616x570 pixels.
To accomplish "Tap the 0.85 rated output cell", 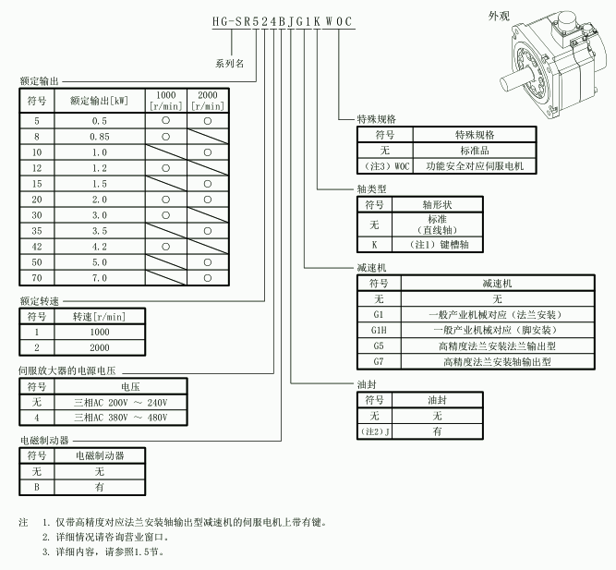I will coord(100,136).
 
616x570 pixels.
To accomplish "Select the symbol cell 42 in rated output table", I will coord(37,247).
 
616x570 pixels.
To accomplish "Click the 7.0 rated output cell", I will coord(100,277).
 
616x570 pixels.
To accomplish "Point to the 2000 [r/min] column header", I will coord(207,100).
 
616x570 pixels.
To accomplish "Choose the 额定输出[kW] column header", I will coord(100,100).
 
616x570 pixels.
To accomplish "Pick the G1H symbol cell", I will coord(379,329).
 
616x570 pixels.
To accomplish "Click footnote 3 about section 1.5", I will coord(102,552).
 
